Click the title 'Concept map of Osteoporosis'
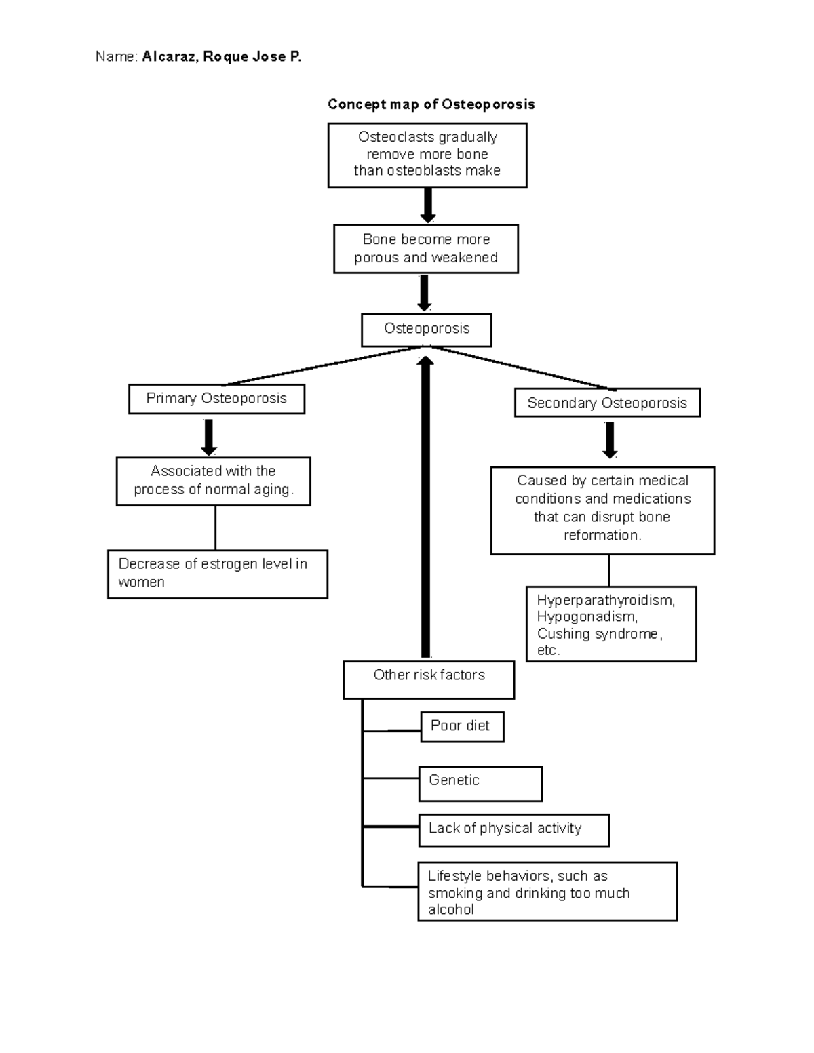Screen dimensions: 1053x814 [431, 104]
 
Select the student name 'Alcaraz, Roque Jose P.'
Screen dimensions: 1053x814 [222, 57]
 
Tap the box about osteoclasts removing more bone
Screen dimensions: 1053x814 [427, 155]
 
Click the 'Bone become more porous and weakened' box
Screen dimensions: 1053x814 [426, 249]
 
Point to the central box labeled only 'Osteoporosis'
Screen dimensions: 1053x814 [426, 330]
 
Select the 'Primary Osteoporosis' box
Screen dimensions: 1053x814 [216, 399]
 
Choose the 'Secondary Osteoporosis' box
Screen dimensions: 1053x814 [607, 403]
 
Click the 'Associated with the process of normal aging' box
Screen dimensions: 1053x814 [213, 481]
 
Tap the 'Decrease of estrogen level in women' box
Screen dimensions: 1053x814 [217, 574]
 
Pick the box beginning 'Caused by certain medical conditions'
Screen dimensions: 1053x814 [602, 509]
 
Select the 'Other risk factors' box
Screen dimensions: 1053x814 [429, 679]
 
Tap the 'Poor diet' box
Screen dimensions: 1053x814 [461, 726]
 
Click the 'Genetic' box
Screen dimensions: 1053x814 [480, 783]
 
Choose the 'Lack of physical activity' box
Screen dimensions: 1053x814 [513, 829]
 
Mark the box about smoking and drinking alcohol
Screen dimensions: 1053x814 [547, 892]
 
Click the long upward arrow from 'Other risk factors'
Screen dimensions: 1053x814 [425, 509]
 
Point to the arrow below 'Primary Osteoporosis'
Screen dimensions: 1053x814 [209, 437]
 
